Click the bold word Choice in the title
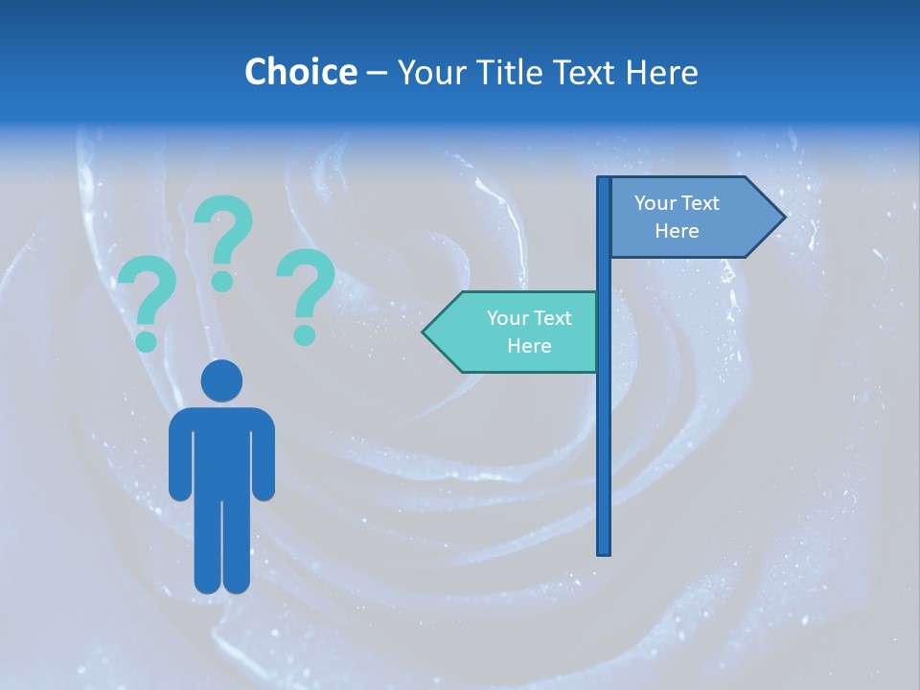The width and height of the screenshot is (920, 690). pos(300,72)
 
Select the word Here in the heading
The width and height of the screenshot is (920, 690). pos(661,72)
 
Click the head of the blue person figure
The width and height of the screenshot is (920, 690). pos(221,380)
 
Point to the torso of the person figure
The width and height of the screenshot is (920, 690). pos(221,450)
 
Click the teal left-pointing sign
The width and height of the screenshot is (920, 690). pos(517,332)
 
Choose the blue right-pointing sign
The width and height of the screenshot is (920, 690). pos(685,217)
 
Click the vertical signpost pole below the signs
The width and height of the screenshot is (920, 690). pos(604,460)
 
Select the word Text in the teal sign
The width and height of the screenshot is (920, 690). pos(551,318)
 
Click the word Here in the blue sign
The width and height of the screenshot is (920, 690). pos(677,231)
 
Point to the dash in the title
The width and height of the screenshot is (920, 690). pos(377,73)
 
